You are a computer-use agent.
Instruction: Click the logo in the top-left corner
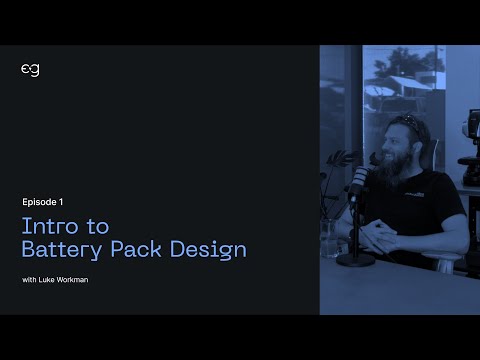point(30,69)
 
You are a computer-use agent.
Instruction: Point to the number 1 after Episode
point(75,201)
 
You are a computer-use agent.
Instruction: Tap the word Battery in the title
point(64,248)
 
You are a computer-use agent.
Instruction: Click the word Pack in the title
point(144,248)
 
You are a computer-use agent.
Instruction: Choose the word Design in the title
point(212,248)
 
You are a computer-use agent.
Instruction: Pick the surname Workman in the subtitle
point(75,279)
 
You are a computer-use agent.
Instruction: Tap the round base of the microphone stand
point(354,260)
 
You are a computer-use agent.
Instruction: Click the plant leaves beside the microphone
point(340,160)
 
